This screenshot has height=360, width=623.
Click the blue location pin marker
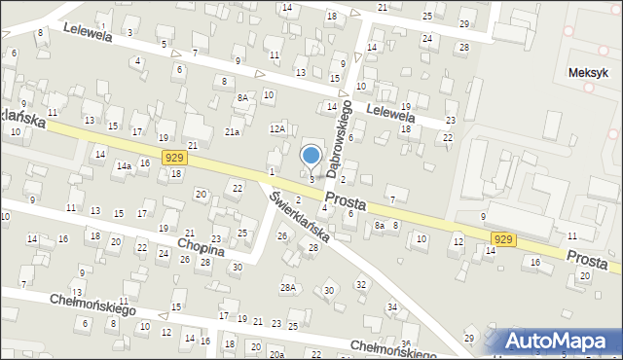pyautogui.click(x=311, y=156)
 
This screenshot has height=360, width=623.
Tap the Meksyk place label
pyautogui.click(x=589, y=73)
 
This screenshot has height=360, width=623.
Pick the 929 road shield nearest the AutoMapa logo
pyautogui.click(x=503, y=237)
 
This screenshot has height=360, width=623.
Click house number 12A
pyautogui.click(x=277, y=128)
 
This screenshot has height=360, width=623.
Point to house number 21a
pyautogui.click(x=232, y=131)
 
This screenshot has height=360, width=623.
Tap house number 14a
pyautogui.click(x=124, y=166)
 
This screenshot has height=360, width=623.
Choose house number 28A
pyautogui.click(x=287, y=287)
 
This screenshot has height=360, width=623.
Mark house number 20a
pyautogui.click(x=277, y=355)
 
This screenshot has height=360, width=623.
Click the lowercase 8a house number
pyautogui.click(x=381, y=225)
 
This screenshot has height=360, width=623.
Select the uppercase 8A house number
pyautogui.click(x=241, y=97)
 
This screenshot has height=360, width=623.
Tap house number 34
pyautogui.click(x=392, y=307)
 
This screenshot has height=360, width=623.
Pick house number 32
pyautogui.click(x=361, y=284)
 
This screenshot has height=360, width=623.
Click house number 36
pyautogui.click(x=405, y=343)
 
